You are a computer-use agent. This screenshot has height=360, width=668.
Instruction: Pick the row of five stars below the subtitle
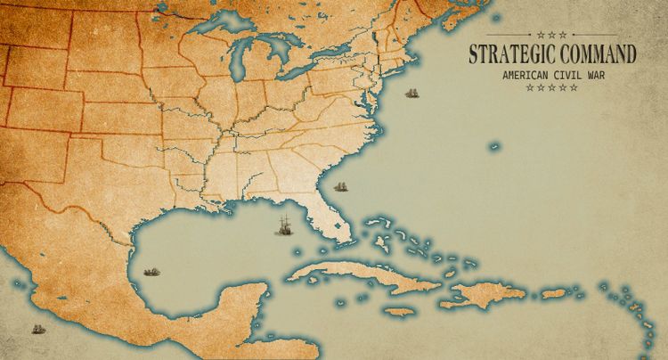coord(552,87)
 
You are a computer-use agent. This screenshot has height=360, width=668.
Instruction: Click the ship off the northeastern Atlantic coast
coord(412,93)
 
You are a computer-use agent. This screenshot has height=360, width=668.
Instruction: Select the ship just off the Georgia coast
coord(339,186)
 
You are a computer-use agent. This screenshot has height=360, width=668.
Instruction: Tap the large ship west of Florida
coord(283,225)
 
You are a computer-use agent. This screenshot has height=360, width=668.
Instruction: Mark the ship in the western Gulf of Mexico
coord(151,270)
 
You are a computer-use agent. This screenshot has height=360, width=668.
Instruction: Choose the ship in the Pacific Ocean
coord(37,329)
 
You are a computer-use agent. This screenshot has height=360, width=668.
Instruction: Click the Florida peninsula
coord(333,218)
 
